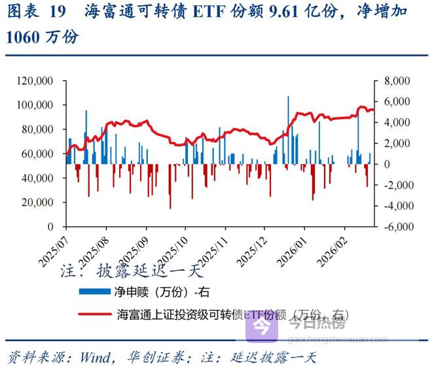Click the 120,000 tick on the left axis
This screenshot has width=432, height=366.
click(x=37, y=81)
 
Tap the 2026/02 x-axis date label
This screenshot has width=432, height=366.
click(x=333, y=248)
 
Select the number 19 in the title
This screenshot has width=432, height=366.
click(x=58, y=12)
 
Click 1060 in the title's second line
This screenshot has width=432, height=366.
click(x=22, y=37)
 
